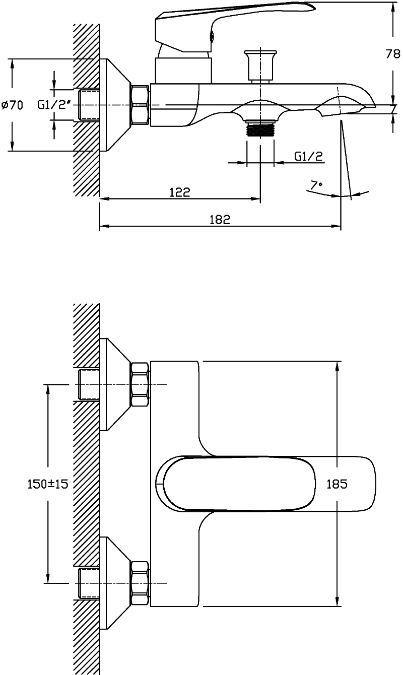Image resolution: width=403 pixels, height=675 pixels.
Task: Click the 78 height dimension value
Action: tap(393, 54)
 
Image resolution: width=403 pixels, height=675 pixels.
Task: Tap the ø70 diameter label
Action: tap(13, 105)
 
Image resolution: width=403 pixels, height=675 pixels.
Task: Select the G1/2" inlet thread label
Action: tap(54, 105)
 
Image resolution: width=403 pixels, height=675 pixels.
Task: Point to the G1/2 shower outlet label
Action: tap(308, 156)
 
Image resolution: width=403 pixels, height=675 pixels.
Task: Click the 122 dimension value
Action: tap(180, 192)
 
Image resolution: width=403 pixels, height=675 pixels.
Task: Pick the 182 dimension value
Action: tap(220, 220)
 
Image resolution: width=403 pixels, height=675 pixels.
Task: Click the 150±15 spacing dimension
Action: tap(48, 484)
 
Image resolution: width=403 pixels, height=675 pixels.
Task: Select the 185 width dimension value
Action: tap(337, 484)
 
